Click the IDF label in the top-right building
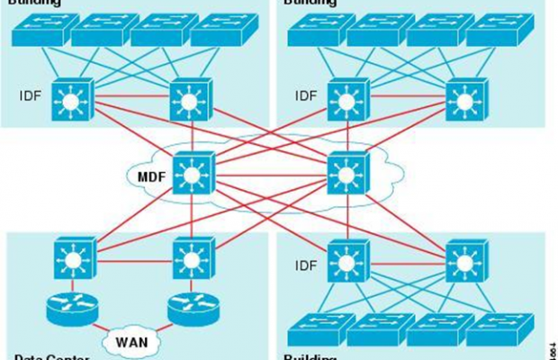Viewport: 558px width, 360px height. [x=306, y=94]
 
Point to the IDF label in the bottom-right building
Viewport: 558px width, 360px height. [x=306, y=265]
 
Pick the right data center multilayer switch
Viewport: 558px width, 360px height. [x=190, y=257]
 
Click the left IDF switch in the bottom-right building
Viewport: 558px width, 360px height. [x=346, y=262]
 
